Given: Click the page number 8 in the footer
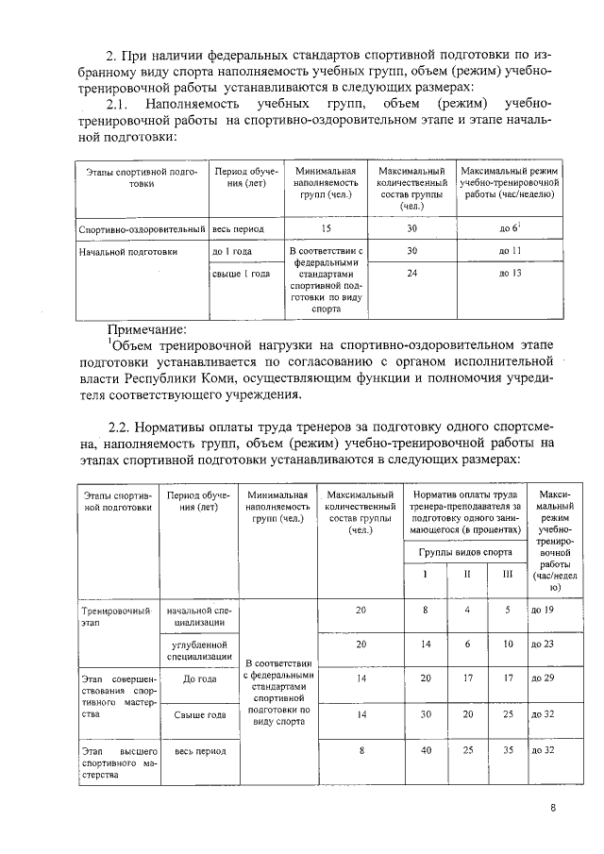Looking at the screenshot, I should point(554,808).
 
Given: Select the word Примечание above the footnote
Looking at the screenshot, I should point(147,328).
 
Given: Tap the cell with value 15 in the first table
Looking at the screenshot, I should point(327,228).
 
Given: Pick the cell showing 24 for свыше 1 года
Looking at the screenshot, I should point(411,274).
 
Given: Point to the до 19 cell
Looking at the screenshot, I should point(547,611).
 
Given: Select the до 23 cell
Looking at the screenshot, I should point(547,644).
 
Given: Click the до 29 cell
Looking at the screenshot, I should point(547,678).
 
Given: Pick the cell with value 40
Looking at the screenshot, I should point(426,750).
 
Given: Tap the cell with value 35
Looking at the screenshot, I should point(508,750).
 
